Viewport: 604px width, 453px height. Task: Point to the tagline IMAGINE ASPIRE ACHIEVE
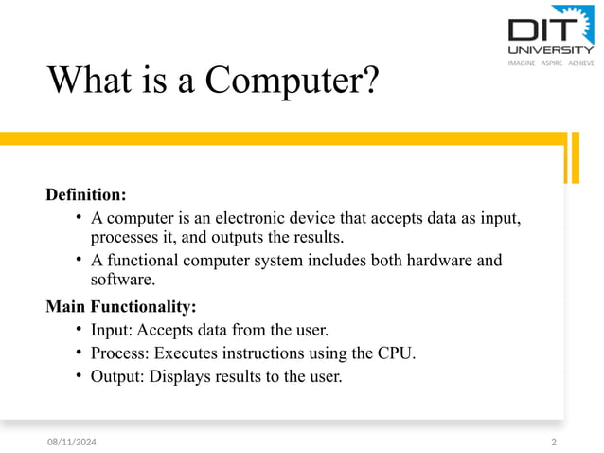coord(550,63)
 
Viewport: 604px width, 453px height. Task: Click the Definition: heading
coord(86,195)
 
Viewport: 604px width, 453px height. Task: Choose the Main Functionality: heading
coord(121,307)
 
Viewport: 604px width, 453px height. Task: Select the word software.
coord(121,280)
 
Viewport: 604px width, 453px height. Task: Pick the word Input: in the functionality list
coord(113,330)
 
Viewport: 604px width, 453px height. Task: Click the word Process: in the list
coord(120,353)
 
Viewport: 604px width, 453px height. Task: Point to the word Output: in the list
coord(119,376)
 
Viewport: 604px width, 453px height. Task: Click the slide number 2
coord(554,443)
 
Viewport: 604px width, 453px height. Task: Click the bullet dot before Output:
coord(80,376)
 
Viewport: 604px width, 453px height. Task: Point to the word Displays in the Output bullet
coord(183,376)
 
